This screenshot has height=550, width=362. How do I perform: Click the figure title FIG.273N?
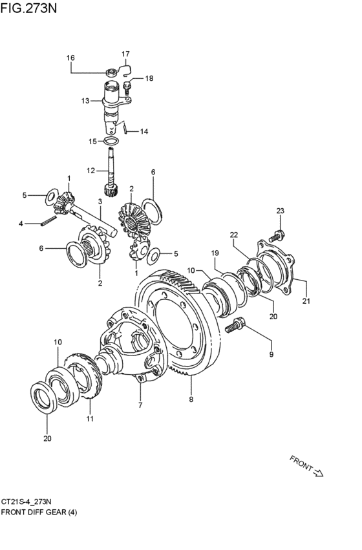(x=28, y=8)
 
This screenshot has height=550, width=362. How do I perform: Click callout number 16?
(x=70, y=58)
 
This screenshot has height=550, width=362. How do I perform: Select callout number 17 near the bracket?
(x=125, y=54)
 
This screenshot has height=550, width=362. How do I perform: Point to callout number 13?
(x=85, y=101)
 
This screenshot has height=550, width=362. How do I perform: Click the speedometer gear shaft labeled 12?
(x=112, y=172)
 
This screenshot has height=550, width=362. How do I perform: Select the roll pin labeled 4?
(x=48, y=222)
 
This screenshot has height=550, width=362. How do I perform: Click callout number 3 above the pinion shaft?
(x=100, y=202)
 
